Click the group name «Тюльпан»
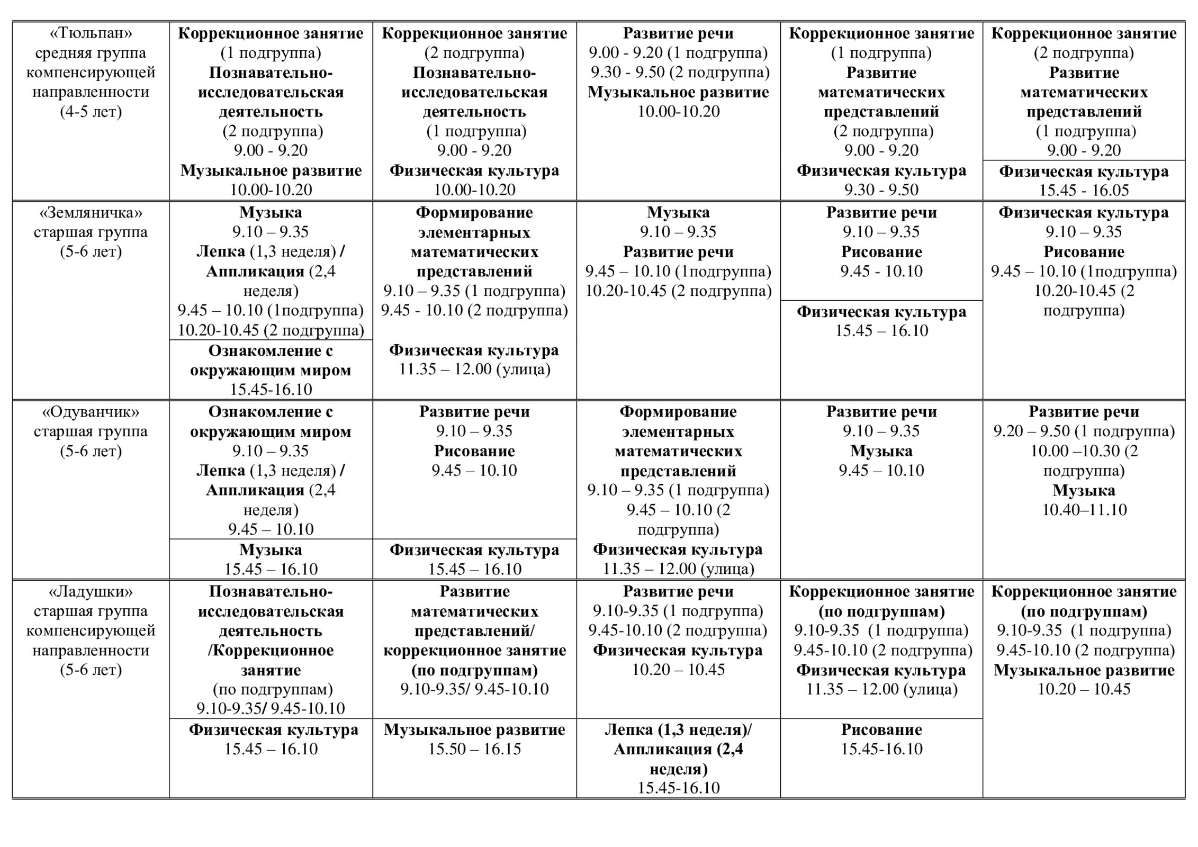[x=91, y=33]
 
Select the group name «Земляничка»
[x=91, y=213]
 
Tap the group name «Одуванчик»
[x=91, y=412]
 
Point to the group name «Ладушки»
[x=91, y=591]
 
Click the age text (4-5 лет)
[x=91, y=112]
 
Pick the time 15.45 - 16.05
[x=1084, y=190]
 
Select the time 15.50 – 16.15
[x=474, y=749]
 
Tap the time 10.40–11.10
[x=1084, y=510]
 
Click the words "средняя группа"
[x=91, y=53]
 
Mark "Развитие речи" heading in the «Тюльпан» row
[x=678, y=33]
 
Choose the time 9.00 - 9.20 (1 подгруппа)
[x=678, y=53]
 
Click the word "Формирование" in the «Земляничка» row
[x=474, y=213]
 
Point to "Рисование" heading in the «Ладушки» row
[x=881, y=729]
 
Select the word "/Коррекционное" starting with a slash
[x=271, y=650]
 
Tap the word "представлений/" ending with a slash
[x=474, y=631]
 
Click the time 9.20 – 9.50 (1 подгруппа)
[x=1084, y=431]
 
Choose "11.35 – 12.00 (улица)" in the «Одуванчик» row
[x=678, y=569]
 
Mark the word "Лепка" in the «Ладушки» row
[x=629, y=729]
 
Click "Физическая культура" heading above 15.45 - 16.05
[x=1084, y=172]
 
